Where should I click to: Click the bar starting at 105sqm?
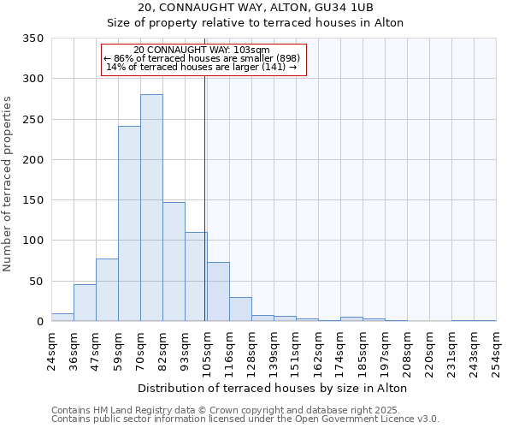218,292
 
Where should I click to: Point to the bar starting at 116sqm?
240,309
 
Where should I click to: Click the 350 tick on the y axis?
32,39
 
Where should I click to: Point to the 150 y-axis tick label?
32,200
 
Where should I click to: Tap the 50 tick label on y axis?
36,281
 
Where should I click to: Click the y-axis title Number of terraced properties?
9,184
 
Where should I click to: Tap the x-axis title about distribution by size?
272,388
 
